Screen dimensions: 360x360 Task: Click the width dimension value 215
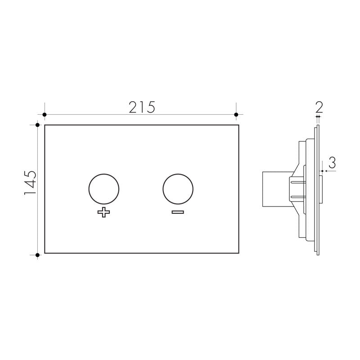142,107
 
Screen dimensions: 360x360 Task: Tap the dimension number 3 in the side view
332,162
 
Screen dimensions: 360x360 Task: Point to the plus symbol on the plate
104,213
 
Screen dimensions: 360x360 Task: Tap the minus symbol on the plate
178,212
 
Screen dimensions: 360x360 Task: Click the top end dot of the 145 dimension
37,125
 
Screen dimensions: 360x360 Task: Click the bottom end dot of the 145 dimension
37,255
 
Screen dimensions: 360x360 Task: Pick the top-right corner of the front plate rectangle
238,125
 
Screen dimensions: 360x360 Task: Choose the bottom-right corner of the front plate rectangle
238,253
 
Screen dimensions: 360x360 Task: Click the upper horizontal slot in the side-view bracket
297,182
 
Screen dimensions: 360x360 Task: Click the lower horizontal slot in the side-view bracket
297,196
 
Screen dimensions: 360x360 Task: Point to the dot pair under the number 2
318,116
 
